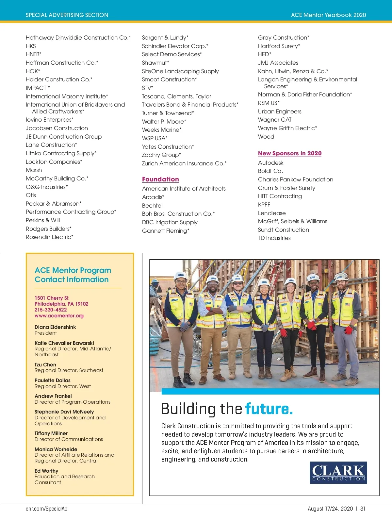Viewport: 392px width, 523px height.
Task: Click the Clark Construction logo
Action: point(338,472)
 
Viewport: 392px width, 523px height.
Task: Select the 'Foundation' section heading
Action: point(160,179)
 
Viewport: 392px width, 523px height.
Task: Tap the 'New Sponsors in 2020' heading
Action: point(290,153)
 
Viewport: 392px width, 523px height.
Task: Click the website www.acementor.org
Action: point(59,316)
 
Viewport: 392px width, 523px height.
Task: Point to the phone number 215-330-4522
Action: point(51,310)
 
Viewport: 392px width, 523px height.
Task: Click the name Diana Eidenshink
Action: point(55,327)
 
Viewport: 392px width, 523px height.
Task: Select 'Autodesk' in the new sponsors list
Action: point(270,163)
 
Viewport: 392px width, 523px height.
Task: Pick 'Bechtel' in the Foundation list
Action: point(152,206)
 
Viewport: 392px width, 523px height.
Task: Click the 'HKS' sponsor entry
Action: point(31,46)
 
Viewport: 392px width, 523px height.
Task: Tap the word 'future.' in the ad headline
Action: point(269,409)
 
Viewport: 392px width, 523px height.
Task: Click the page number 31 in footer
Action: point(363,509)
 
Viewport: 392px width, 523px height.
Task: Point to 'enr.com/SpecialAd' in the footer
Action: point(46,509)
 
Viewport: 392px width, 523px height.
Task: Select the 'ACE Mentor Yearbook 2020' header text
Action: point(328,15)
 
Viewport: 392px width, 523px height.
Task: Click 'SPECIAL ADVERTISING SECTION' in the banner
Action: point(67,15)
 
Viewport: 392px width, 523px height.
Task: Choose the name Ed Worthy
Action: point(46,471)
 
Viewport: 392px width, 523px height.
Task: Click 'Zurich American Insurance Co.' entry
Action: point(184,163)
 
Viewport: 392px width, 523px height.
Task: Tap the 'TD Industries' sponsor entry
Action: point(274,238)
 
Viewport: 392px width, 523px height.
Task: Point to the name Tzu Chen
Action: point(45,365)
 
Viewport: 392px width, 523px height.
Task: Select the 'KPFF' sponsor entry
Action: point(264,205)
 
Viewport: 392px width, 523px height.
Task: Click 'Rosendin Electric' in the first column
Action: point(49,237)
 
